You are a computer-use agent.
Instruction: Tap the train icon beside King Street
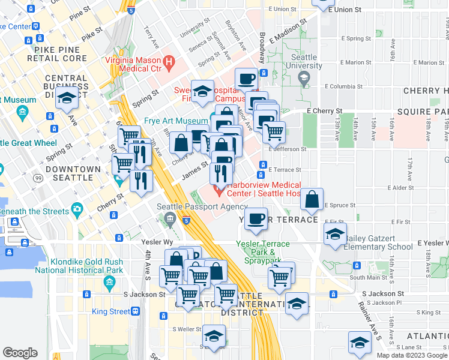coord(136,311)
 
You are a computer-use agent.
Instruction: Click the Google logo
coord(20,353)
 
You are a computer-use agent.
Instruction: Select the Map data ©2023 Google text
coord(411,355)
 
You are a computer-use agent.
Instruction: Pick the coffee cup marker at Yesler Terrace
coord(256,218)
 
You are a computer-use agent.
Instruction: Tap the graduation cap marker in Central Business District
coord(66,97)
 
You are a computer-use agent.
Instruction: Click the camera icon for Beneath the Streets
coord(76,209)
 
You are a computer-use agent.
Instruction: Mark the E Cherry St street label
coord(324,111)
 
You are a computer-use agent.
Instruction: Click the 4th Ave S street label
coord(146,270)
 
